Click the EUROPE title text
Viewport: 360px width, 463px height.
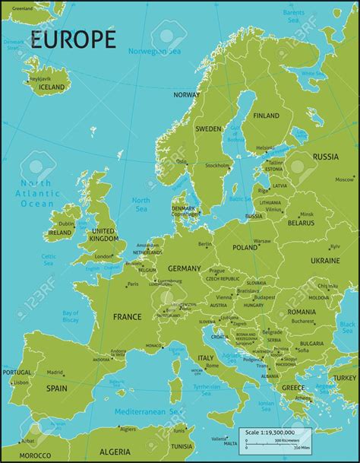(73, 39)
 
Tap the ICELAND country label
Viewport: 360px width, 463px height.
(52, 87)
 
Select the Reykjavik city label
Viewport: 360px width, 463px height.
(40, 78)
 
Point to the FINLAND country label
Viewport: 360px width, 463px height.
(266, 116)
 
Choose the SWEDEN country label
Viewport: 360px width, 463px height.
(208, 128)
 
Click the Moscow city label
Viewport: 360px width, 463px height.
(345, 179)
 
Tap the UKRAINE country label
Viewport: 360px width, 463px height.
(325, 260)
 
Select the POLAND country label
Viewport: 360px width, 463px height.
(245, 247)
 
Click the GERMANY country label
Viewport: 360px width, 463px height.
(185, 268)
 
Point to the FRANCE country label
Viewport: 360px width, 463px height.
(127, 316)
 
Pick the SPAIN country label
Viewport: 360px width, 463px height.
(56, 388)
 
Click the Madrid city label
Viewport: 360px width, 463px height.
(55, 373)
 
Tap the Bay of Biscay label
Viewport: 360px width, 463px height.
(71, 317)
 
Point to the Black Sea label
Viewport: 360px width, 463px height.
(347, 328)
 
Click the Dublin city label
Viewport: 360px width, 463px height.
(66, 224)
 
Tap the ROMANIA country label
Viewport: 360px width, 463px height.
(302, 312)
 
